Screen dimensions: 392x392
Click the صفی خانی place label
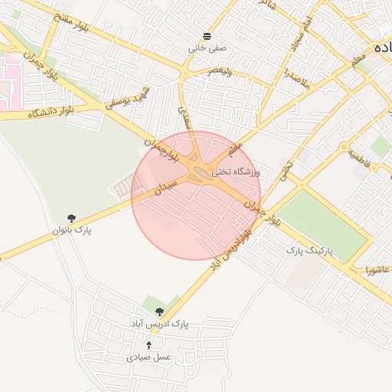(207, 48)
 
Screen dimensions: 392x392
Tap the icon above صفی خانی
(207, 37)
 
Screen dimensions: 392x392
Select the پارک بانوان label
(72, 230)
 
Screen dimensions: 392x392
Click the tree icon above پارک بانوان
(72, 219)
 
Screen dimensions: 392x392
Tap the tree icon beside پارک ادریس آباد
(159, 312)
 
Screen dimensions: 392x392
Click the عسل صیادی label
(149, 358)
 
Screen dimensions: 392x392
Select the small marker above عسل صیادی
(149, 345)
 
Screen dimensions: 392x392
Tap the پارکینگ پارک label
(311, 250)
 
